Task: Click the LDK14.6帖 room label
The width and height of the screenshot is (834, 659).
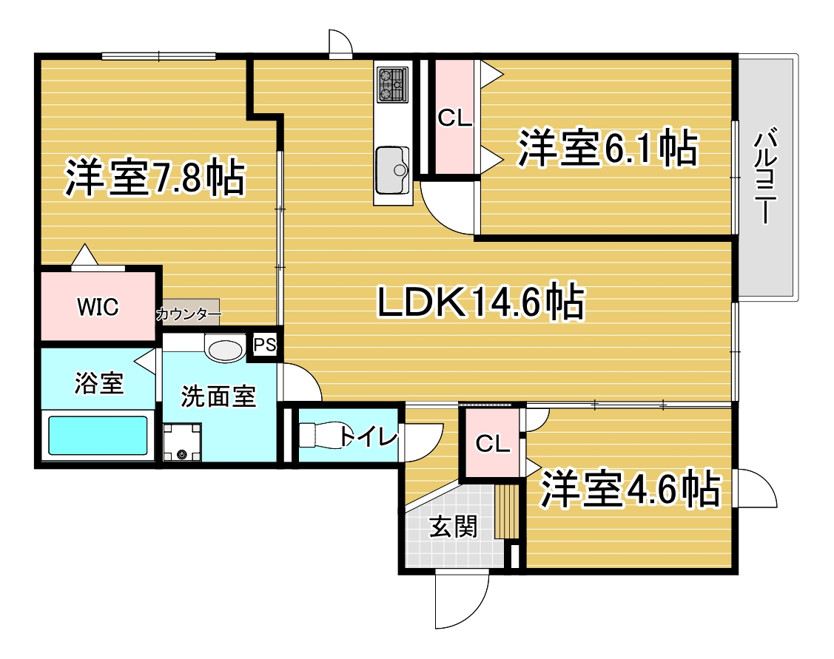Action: coord(481,303)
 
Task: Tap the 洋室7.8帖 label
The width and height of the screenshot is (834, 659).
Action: coord(155,178)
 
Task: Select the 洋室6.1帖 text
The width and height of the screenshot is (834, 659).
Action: coord(607,149)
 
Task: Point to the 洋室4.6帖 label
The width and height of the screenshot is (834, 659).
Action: coord(630,488)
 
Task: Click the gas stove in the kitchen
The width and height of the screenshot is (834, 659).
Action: coord(392,84)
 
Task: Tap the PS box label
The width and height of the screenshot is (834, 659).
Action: coord(264,345)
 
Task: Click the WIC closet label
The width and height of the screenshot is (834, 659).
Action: coord(98,307)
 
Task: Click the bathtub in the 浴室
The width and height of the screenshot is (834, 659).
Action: coord(98,436)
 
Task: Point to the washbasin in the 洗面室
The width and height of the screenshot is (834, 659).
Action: coord(225,349)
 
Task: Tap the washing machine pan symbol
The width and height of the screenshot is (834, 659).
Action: coord(182,442)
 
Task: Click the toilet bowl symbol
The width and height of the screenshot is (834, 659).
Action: coord(320,436)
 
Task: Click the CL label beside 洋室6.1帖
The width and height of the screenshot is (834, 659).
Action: coord(454,118)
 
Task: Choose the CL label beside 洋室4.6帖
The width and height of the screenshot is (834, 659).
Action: coord(492,444)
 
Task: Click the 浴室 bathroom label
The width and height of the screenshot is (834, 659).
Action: coord(98,384)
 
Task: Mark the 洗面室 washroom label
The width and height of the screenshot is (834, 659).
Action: coord(219,397)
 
